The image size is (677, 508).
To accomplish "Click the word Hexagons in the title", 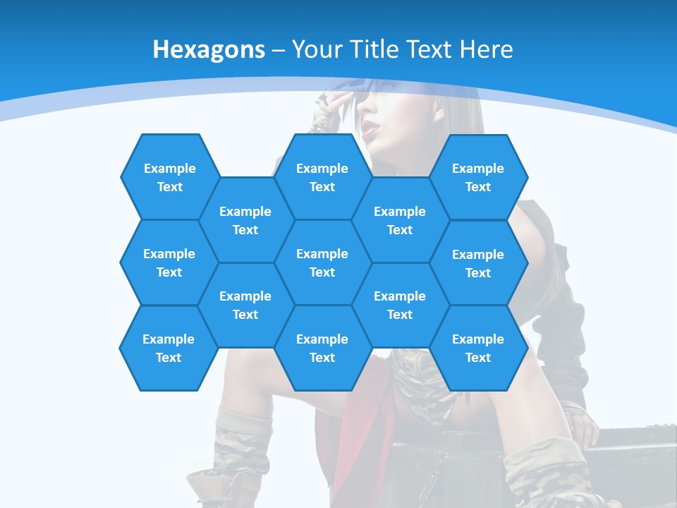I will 209,49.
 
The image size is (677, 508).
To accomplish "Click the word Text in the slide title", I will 432,49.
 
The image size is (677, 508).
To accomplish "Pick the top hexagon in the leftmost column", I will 169,177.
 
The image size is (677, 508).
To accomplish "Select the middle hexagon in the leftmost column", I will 169,262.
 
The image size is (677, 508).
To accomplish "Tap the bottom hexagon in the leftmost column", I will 169,348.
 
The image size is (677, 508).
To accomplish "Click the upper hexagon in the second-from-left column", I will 245,220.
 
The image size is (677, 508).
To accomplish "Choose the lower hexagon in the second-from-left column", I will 245,305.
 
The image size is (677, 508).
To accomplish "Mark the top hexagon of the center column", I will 322,177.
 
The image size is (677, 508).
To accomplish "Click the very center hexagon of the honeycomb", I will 322,262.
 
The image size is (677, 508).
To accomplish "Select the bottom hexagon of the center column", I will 322,348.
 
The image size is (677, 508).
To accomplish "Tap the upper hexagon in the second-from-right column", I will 400,220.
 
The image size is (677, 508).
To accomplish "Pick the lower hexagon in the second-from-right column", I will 400,305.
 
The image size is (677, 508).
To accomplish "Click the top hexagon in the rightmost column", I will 478,177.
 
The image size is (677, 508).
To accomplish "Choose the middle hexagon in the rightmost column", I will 478,263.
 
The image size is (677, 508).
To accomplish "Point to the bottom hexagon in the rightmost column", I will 478,348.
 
